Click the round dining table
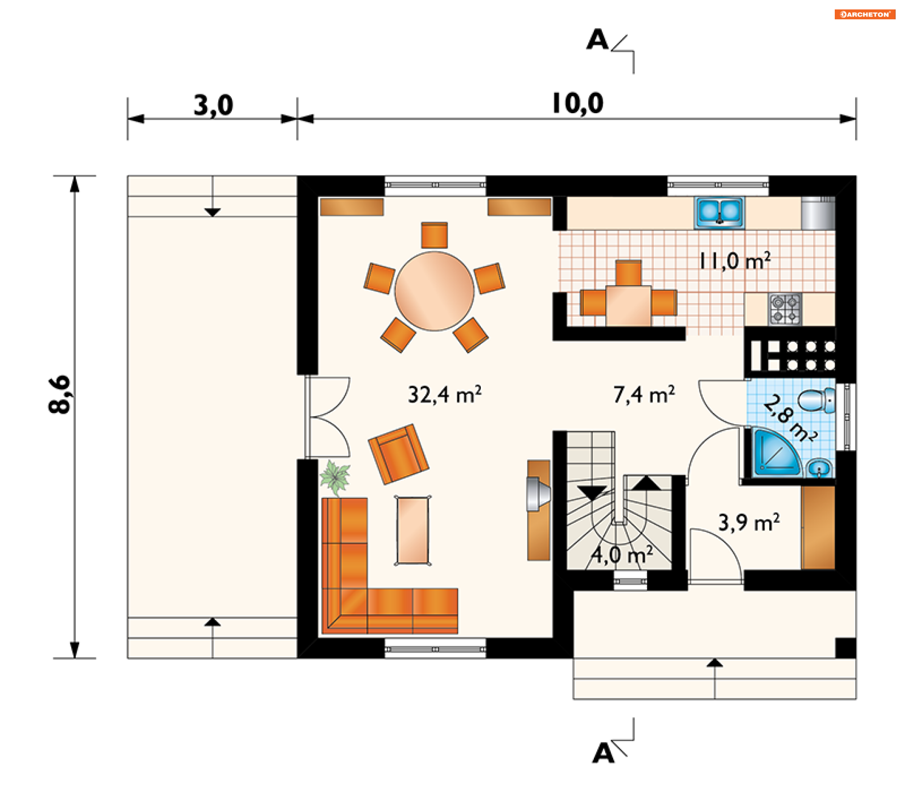434,291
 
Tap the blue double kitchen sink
719,213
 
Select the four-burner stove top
785,309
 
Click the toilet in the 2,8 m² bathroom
817,401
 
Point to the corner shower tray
775,452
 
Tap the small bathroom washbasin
819,469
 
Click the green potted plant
335,478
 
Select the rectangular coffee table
413,530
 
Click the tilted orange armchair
398,454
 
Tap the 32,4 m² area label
444,395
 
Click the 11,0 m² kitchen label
735,261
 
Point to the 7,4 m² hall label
644,395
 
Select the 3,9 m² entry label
749,522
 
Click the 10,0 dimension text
577,104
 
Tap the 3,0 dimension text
213,105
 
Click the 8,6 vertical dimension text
60,395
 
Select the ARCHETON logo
865,14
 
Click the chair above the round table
434,235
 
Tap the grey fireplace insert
538,494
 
